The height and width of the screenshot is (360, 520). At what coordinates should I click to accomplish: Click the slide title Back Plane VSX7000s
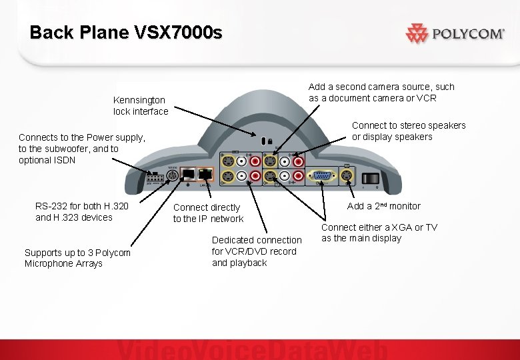(x=127, y=32)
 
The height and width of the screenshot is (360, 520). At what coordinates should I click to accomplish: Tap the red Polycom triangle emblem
(x=417, y=33)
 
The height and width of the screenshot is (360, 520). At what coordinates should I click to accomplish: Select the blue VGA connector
(x=323, y=177)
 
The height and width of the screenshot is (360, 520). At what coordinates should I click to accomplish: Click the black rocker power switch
(x=370, y=178)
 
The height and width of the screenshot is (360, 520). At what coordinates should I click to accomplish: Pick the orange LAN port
(x=207, y=175)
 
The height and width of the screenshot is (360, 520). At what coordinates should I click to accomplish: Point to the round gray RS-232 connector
(x=172, y=176)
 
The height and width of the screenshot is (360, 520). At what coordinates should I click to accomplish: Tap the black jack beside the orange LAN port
(x=189, y=175)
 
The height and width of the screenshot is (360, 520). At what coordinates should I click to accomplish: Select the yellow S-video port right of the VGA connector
(x=347, y=177)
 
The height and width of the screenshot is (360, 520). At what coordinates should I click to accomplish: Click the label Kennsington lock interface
(x=141, y=106)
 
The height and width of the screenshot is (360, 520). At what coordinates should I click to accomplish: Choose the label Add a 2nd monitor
(x=383, y=206)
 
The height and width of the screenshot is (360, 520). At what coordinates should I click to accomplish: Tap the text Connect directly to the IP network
(x=208, y=213)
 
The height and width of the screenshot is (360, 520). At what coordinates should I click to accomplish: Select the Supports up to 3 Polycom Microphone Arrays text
(x=77, y=258)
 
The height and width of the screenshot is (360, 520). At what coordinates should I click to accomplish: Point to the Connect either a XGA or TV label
(x=379, y=233)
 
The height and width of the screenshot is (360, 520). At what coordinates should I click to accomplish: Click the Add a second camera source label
(x=381, y=92)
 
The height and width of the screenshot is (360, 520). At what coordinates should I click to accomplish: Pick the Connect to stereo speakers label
(x=409, y=131)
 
